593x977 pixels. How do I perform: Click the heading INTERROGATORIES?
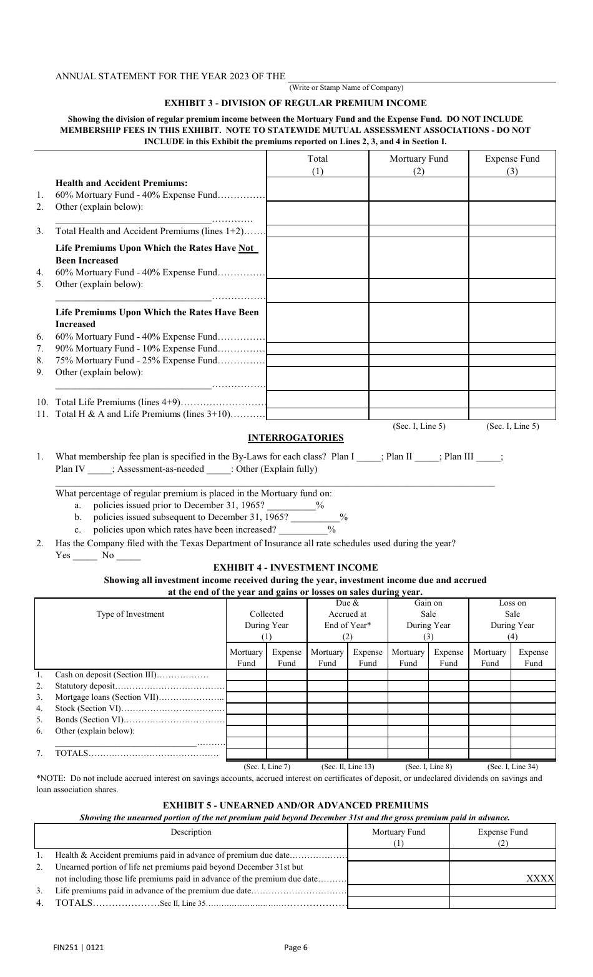296,438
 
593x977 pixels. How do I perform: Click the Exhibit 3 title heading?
295,103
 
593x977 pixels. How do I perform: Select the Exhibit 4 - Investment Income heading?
295,567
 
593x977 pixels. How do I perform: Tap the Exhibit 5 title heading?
295,805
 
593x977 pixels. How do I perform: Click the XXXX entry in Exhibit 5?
540,878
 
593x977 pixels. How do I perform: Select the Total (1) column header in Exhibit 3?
318,165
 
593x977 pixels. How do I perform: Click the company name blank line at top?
421,77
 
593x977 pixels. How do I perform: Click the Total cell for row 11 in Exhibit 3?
318,414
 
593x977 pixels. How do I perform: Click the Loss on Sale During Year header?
512,620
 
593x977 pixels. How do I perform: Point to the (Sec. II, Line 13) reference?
348,767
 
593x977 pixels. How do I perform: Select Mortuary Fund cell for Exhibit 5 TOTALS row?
398,903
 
